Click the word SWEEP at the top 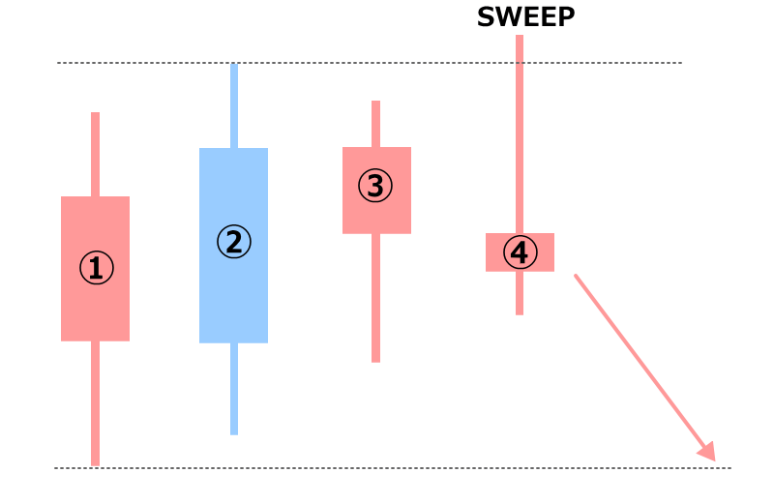pyautogui.click(x=525, y=17)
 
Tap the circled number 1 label pyautogui.click(x=96, y=269)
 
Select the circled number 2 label pyautogui.click(x=233, y=242)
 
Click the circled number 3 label pyautogui.click(x=375, y=186)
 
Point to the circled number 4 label pyautogui.click(x=520, y=253)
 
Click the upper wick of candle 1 pyautogui.click(x=96, y=155)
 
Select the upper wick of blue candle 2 pyautogui.click(x=233, y=106)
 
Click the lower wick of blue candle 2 pyautogui.click(x=233, y=388)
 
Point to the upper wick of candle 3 pyautogui.click(x=375, y=124)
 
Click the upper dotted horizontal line pyautogui.click(x=387, y=63)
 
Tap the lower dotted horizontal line pyautogui.click(x=387, y=468)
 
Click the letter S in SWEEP pyautogui.click(x=487, y=17)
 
